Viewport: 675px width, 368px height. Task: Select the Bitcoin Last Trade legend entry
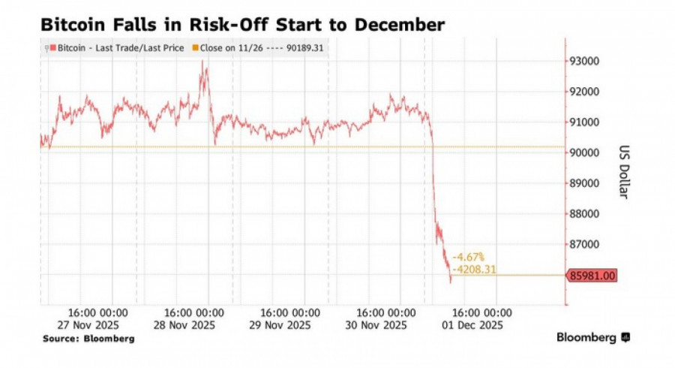115,48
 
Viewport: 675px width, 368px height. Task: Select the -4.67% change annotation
469,257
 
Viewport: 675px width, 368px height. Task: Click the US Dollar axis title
623,171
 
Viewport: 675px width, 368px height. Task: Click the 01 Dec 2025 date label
471,325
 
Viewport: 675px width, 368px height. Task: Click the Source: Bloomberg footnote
88,339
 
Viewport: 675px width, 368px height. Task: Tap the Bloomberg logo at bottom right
592,338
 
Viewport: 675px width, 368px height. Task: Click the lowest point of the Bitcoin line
451,283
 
